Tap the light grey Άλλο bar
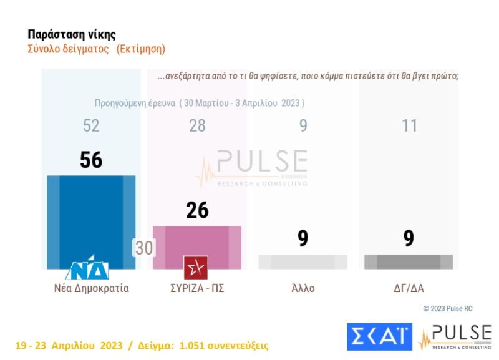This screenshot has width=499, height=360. point(303,262)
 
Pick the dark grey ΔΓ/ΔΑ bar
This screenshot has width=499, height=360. point(409,262)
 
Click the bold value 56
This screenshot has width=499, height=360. point(91,160)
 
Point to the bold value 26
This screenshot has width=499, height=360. point(197,210)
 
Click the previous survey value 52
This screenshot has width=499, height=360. point(91,126)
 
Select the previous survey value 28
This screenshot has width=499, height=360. point(197,126)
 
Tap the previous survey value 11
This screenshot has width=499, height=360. point(409,126)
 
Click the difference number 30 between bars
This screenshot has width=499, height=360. point(144,248)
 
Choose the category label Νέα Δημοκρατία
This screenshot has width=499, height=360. point(91,288)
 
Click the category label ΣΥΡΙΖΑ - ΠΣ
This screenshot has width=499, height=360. point(197,288)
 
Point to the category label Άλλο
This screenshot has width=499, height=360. point(303,288)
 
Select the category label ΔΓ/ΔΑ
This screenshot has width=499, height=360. point(409,288)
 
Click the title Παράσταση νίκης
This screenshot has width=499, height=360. point(72,34)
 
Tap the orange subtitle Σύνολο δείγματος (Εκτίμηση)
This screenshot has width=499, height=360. point(97,49)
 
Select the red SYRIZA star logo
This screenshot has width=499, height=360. point(196,268)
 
